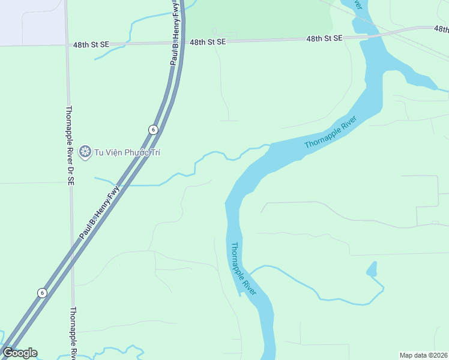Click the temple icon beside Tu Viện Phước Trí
pos(85,152)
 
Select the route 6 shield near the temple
pos(154,130)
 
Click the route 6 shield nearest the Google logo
pos(41,293)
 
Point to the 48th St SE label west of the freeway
pos(91,44)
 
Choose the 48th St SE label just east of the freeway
pos(208,42)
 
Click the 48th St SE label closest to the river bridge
pos(324,38)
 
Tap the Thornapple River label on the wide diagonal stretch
pos(330,132)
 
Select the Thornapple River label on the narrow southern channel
pos(244,268)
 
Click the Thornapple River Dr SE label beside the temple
pos(70,145)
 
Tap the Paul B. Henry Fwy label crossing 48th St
pos(175,33)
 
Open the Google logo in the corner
pos(20,353)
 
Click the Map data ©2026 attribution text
pos(423,355)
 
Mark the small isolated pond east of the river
pos(372,269)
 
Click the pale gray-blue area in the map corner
pos(30,21)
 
